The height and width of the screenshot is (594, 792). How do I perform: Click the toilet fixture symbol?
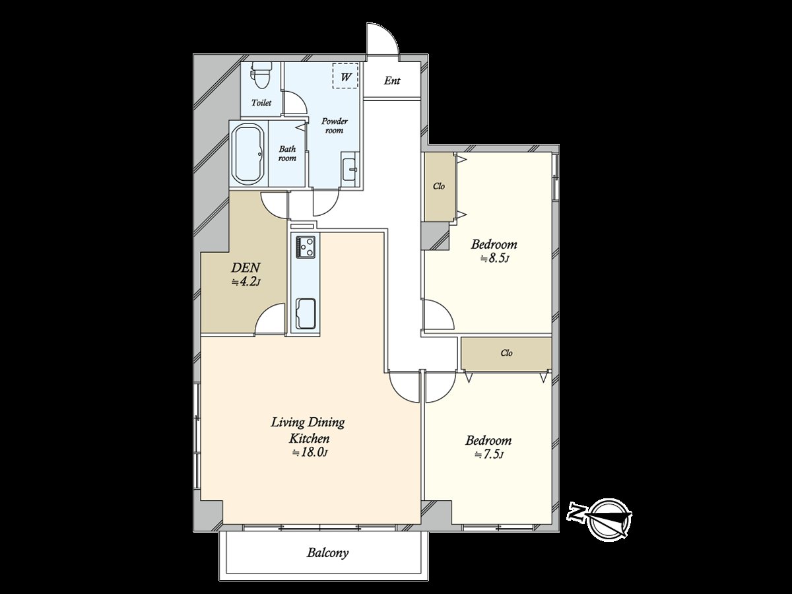pos(262,75)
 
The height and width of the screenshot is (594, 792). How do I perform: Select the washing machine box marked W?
pos(346,75)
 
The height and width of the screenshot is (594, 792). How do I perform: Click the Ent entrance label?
pos(392,81)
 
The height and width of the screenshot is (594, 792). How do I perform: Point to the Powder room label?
pos(335,126)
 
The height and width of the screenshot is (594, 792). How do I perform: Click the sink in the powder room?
pos(350,169)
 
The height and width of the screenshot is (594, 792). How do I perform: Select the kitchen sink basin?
pos(306,313)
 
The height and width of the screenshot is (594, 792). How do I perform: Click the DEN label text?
pos(246,268)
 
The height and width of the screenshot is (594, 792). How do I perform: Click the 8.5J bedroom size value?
pos(494,258)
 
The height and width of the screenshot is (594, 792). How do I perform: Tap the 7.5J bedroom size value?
pos(490,455)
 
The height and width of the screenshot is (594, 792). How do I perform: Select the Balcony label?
pos(327,553)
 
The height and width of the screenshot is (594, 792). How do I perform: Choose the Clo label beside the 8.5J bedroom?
pos(439,186)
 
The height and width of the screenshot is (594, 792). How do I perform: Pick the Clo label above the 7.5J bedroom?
pos(506,353)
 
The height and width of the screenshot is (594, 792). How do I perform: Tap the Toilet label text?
pos(261,103)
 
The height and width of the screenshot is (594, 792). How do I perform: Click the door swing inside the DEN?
pos(269,319)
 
